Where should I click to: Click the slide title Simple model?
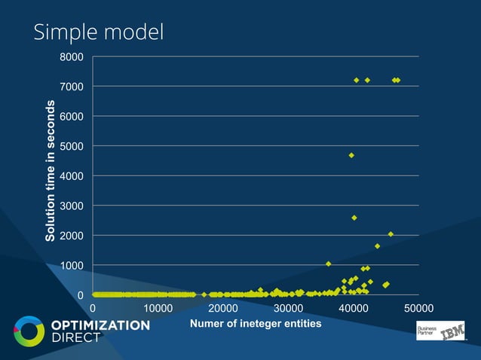click(x=98, y=32)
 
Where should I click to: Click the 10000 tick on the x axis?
click(x=158, y=309)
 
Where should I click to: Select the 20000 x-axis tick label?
click(x=223, y=309)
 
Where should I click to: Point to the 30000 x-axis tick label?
click(x=288, y=309)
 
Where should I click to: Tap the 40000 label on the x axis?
click(x=354, y=309)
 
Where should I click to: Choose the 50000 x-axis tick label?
click(x=418, y=309)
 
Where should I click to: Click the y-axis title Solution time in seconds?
click(x=51, y=172)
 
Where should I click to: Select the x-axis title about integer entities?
click(x=256, y=324)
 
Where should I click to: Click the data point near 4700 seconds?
click(x=351, y=155)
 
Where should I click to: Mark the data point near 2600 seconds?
click(x=354, y=218)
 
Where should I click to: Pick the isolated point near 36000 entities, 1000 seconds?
click(x=329, y=264)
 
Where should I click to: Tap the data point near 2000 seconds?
click(x=391, y=234)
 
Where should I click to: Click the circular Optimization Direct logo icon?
click(x=29, y=332)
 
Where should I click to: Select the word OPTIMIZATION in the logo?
click(x=100, y=325)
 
